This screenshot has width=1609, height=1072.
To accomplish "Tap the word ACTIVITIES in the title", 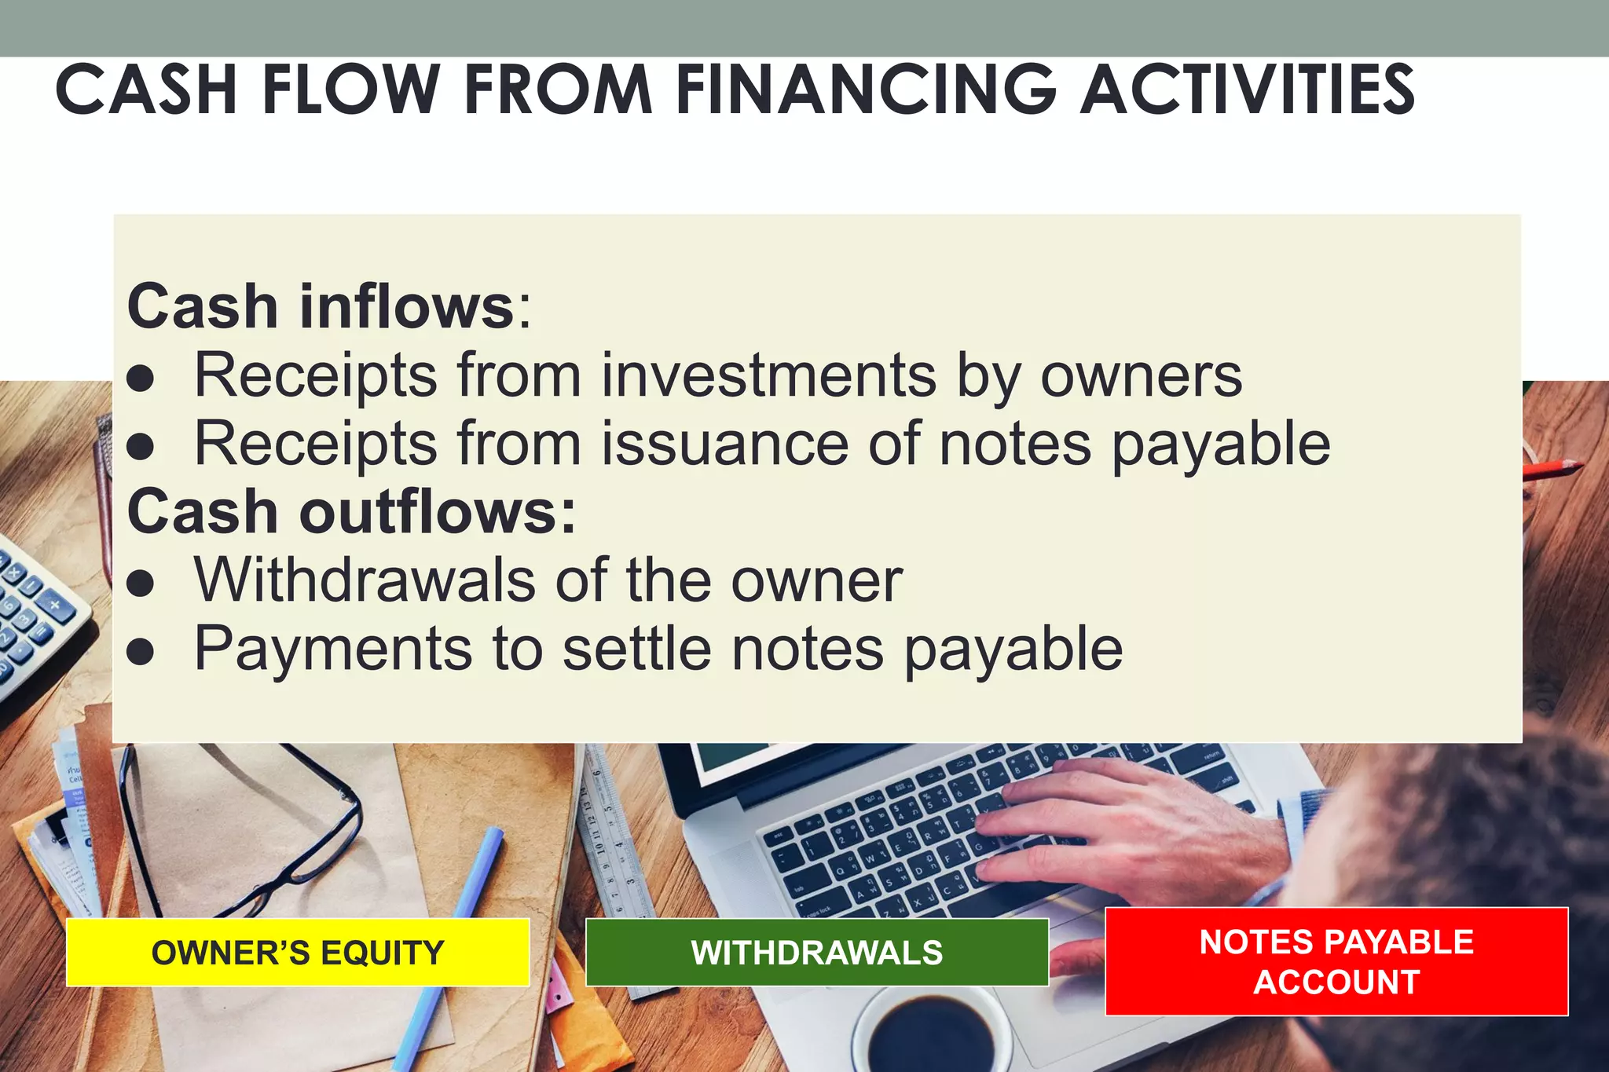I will [x=1247, y=90].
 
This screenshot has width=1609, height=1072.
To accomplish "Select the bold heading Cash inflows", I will [x=321, y=306].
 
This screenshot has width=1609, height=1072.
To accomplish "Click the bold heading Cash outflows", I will [x=351, y=511].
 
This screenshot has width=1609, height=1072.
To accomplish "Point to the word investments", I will [x=769, y=375].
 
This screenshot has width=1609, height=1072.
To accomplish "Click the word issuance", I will [x=725, y=444].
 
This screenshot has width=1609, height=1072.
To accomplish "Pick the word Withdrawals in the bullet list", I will [x=365, y=580].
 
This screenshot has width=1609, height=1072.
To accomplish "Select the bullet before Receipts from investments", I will [x=141, y=379].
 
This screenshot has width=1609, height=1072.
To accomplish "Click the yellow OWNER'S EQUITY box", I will [x=298, y=953].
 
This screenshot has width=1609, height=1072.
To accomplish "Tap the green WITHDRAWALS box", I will [x=817, y=953].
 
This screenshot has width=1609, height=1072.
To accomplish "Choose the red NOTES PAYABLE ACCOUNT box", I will [x=1336, y=961].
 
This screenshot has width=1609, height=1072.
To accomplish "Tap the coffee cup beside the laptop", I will [x=931, y=1029].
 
